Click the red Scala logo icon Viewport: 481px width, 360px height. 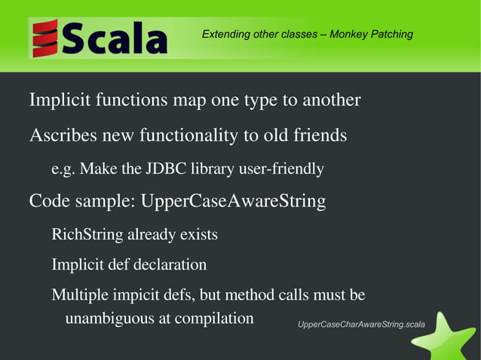(45, 38)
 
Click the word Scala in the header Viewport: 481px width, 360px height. (115, 38)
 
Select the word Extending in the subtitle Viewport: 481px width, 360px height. (225, 34)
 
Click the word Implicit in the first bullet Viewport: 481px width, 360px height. (60, 100)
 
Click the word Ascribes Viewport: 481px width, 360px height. (62, 136)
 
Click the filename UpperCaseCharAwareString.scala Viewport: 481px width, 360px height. (361, 325)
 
